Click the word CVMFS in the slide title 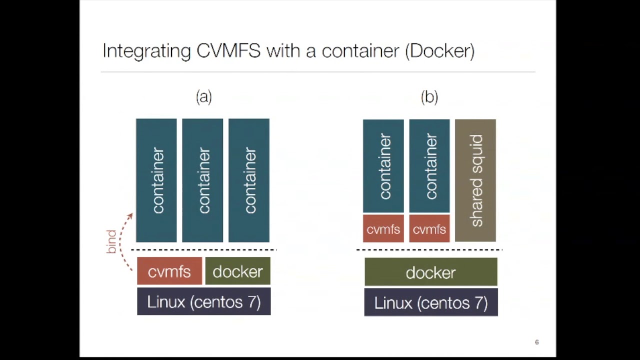[228, 51]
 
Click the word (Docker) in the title [439, 51]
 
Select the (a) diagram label [204, 96]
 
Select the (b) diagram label [429, 96]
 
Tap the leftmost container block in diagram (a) [156, 180]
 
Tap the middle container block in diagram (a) [202, 180]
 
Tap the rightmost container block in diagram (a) [249, 180]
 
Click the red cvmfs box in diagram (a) [169, 271]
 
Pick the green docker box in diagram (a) [238, 271]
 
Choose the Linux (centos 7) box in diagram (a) [204, 301]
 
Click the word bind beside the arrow [111, 241]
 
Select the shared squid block [475, 180]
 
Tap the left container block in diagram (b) [383, 166]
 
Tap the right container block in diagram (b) [429, 166]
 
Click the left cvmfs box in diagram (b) [383, 229]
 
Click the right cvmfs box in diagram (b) [429, 229]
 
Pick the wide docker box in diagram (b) [431, 272]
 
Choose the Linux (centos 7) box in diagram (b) [431, 303]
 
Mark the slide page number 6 [536, 342]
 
